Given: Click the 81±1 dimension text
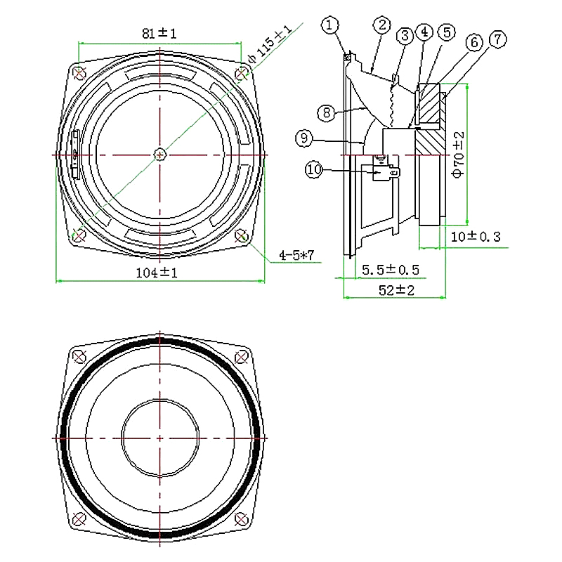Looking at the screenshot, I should click(x=160, y=33).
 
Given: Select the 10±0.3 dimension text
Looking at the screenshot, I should click(x=475, y=237).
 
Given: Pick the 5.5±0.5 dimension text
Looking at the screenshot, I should click(x=390, y=270).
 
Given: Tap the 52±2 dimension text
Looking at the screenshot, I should click(x=396, y=289).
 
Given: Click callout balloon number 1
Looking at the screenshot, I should click(x=331, y=25).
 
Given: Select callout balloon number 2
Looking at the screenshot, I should click(x=381, y=25).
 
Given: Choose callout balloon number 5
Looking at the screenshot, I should click(x=445, y=32).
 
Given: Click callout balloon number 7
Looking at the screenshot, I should click(x=497, y=39).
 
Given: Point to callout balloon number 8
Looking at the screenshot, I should click(x=325, y=112).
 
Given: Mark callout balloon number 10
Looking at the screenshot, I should click(x=314, y=169).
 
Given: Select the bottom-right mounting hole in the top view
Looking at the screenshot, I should click(x=242, y=234).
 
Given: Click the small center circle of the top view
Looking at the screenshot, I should click(x=160, y=153).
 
